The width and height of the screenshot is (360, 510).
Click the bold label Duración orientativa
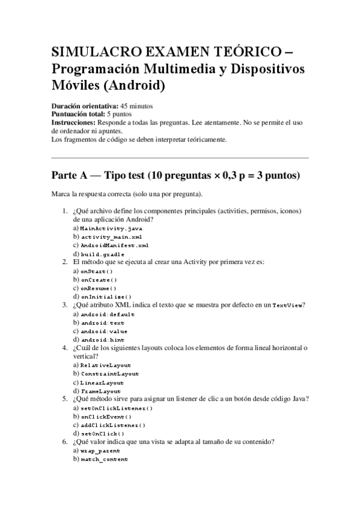(x=85, y=105)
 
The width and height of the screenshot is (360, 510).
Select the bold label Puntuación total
(x=79, y=114)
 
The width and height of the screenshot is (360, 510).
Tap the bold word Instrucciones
(x=70, y=122)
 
